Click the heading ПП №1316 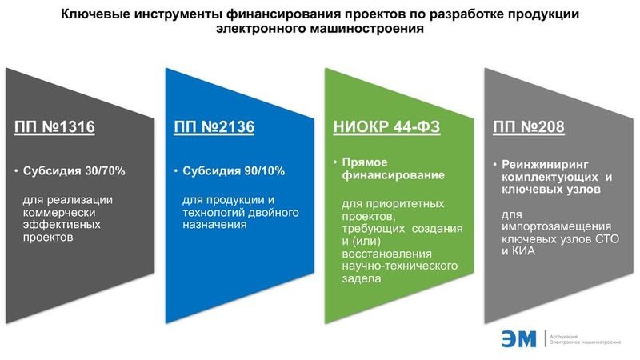[54, 126]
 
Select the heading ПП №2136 [214, 126]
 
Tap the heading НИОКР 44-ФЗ [386, 126]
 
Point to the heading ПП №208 [529, 126]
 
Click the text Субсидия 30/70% [74, 170]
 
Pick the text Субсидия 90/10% [234, 170]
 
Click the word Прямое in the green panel [365, 162]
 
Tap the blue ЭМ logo [518, 338]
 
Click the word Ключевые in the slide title [95, 14]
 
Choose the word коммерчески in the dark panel [59, 212]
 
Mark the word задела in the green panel [362, 278]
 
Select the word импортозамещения [556, 226]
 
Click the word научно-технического [399, 266]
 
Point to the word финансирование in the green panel [393, 175]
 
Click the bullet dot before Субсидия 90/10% [176, 170]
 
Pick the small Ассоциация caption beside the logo [564, 337]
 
